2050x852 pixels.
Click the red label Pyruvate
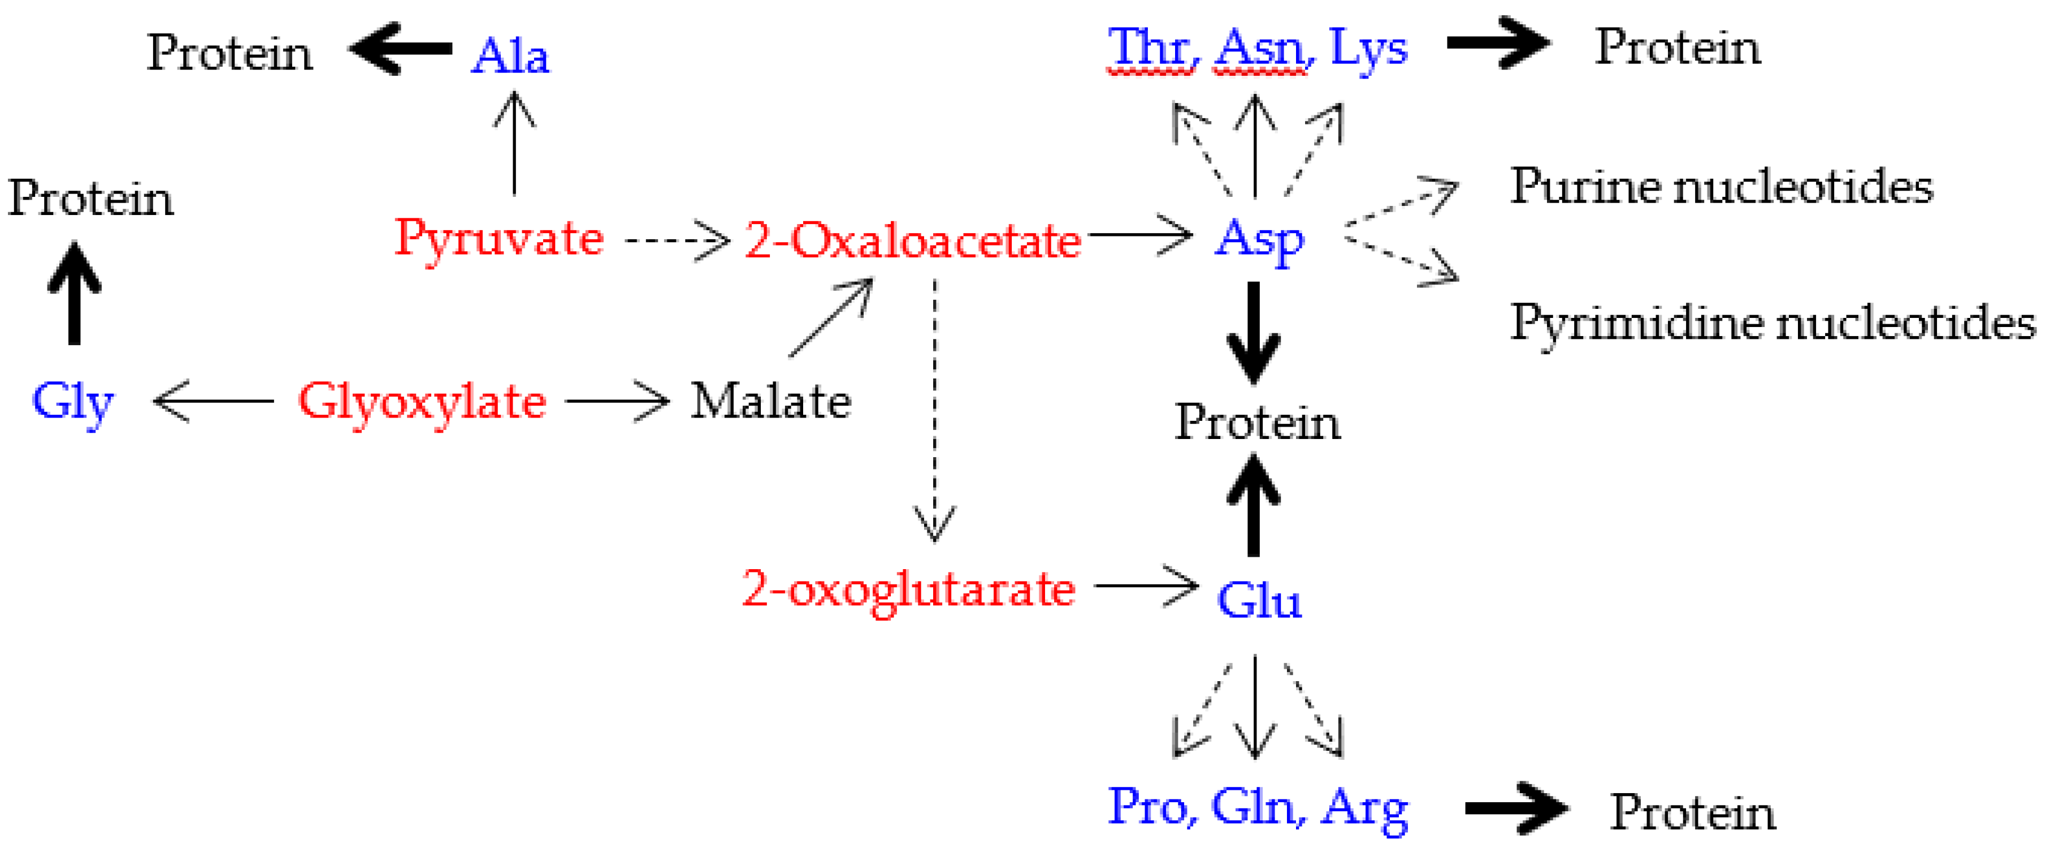[x=499, y=239]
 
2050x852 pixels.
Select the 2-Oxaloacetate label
[x=913, y=240]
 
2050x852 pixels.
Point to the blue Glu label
[x=1259, y=601]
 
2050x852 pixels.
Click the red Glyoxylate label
[x=422, y=402]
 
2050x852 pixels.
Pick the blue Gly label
[x=72, y=402]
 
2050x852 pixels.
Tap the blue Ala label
[x=510, y=57]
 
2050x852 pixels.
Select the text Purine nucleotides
[x=1720, y=187]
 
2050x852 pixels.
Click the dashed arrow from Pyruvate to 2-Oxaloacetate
[x=677, y=239]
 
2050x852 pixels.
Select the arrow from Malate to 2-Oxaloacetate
[x=830, y=318]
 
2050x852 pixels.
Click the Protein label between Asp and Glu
[x=1258, y=422]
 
